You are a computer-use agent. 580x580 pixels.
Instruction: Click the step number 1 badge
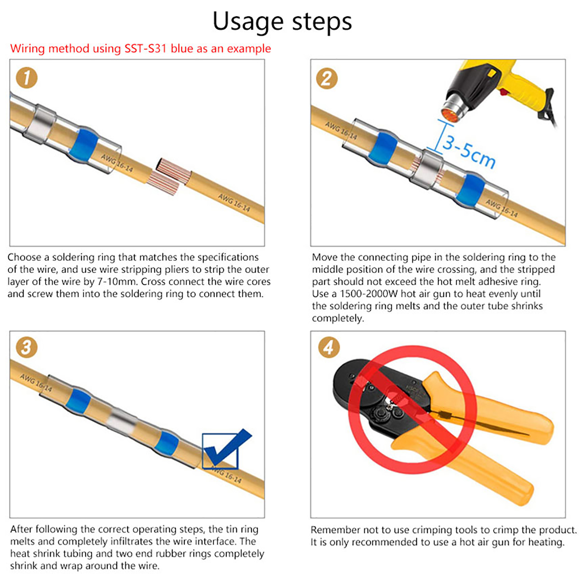click(27, 78)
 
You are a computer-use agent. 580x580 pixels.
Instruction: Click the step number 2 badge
click(327, 78)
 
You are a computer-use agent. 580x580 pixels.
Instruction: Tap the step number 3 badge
click(26, 347)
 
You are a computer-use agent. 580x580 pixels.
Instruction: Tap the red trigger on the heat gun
click(503, 92)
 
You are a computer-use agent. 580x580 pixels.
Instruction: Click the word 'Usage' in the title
click(247, 22)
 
